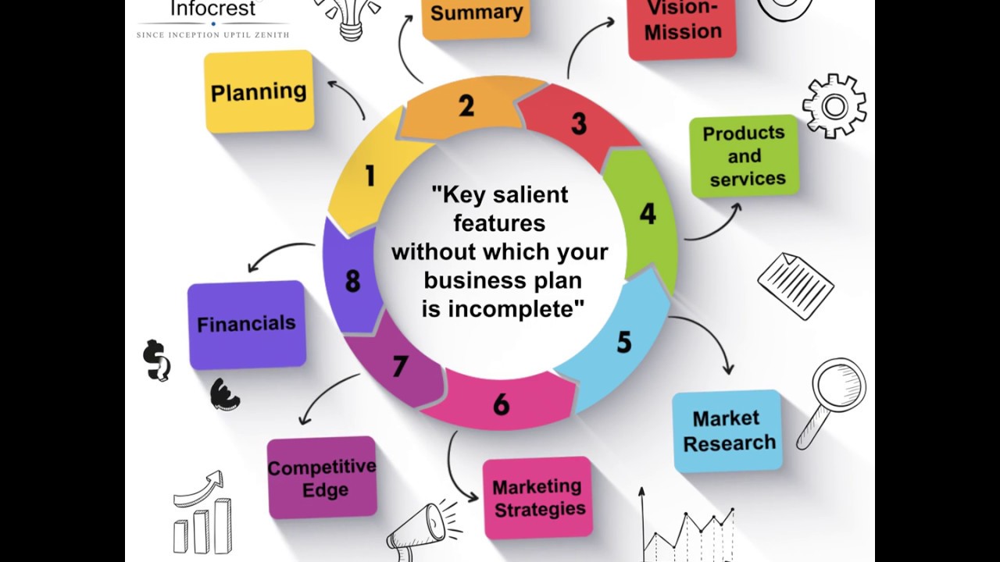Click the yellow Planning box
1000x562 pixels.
(x=259, y=91)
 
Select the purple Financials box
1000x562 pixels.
(x=246, y=324)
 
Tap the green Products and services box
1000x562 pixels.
(x=744, y=155)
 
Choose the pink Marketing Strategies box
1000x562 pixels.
(x=537, y=497)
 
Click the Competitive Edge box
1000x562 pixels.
(x=322, y=478)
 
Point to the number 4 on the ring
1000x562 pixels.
(x=648, y=214)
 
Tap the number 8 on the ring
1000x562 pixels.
(x=352, y=281)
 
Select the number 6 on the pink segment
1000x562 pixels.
(x=501, y=404)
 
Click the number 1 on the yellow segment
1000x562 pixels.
(x=370, y=176)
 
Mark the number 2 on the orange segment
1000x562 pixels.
(x=466, y=106)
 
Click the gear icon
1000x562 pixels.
(x=834, y=105)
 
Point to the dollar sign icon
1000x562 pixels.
(x=155, y=360)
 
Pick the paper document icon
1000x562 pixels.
(x=795, y=284)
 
